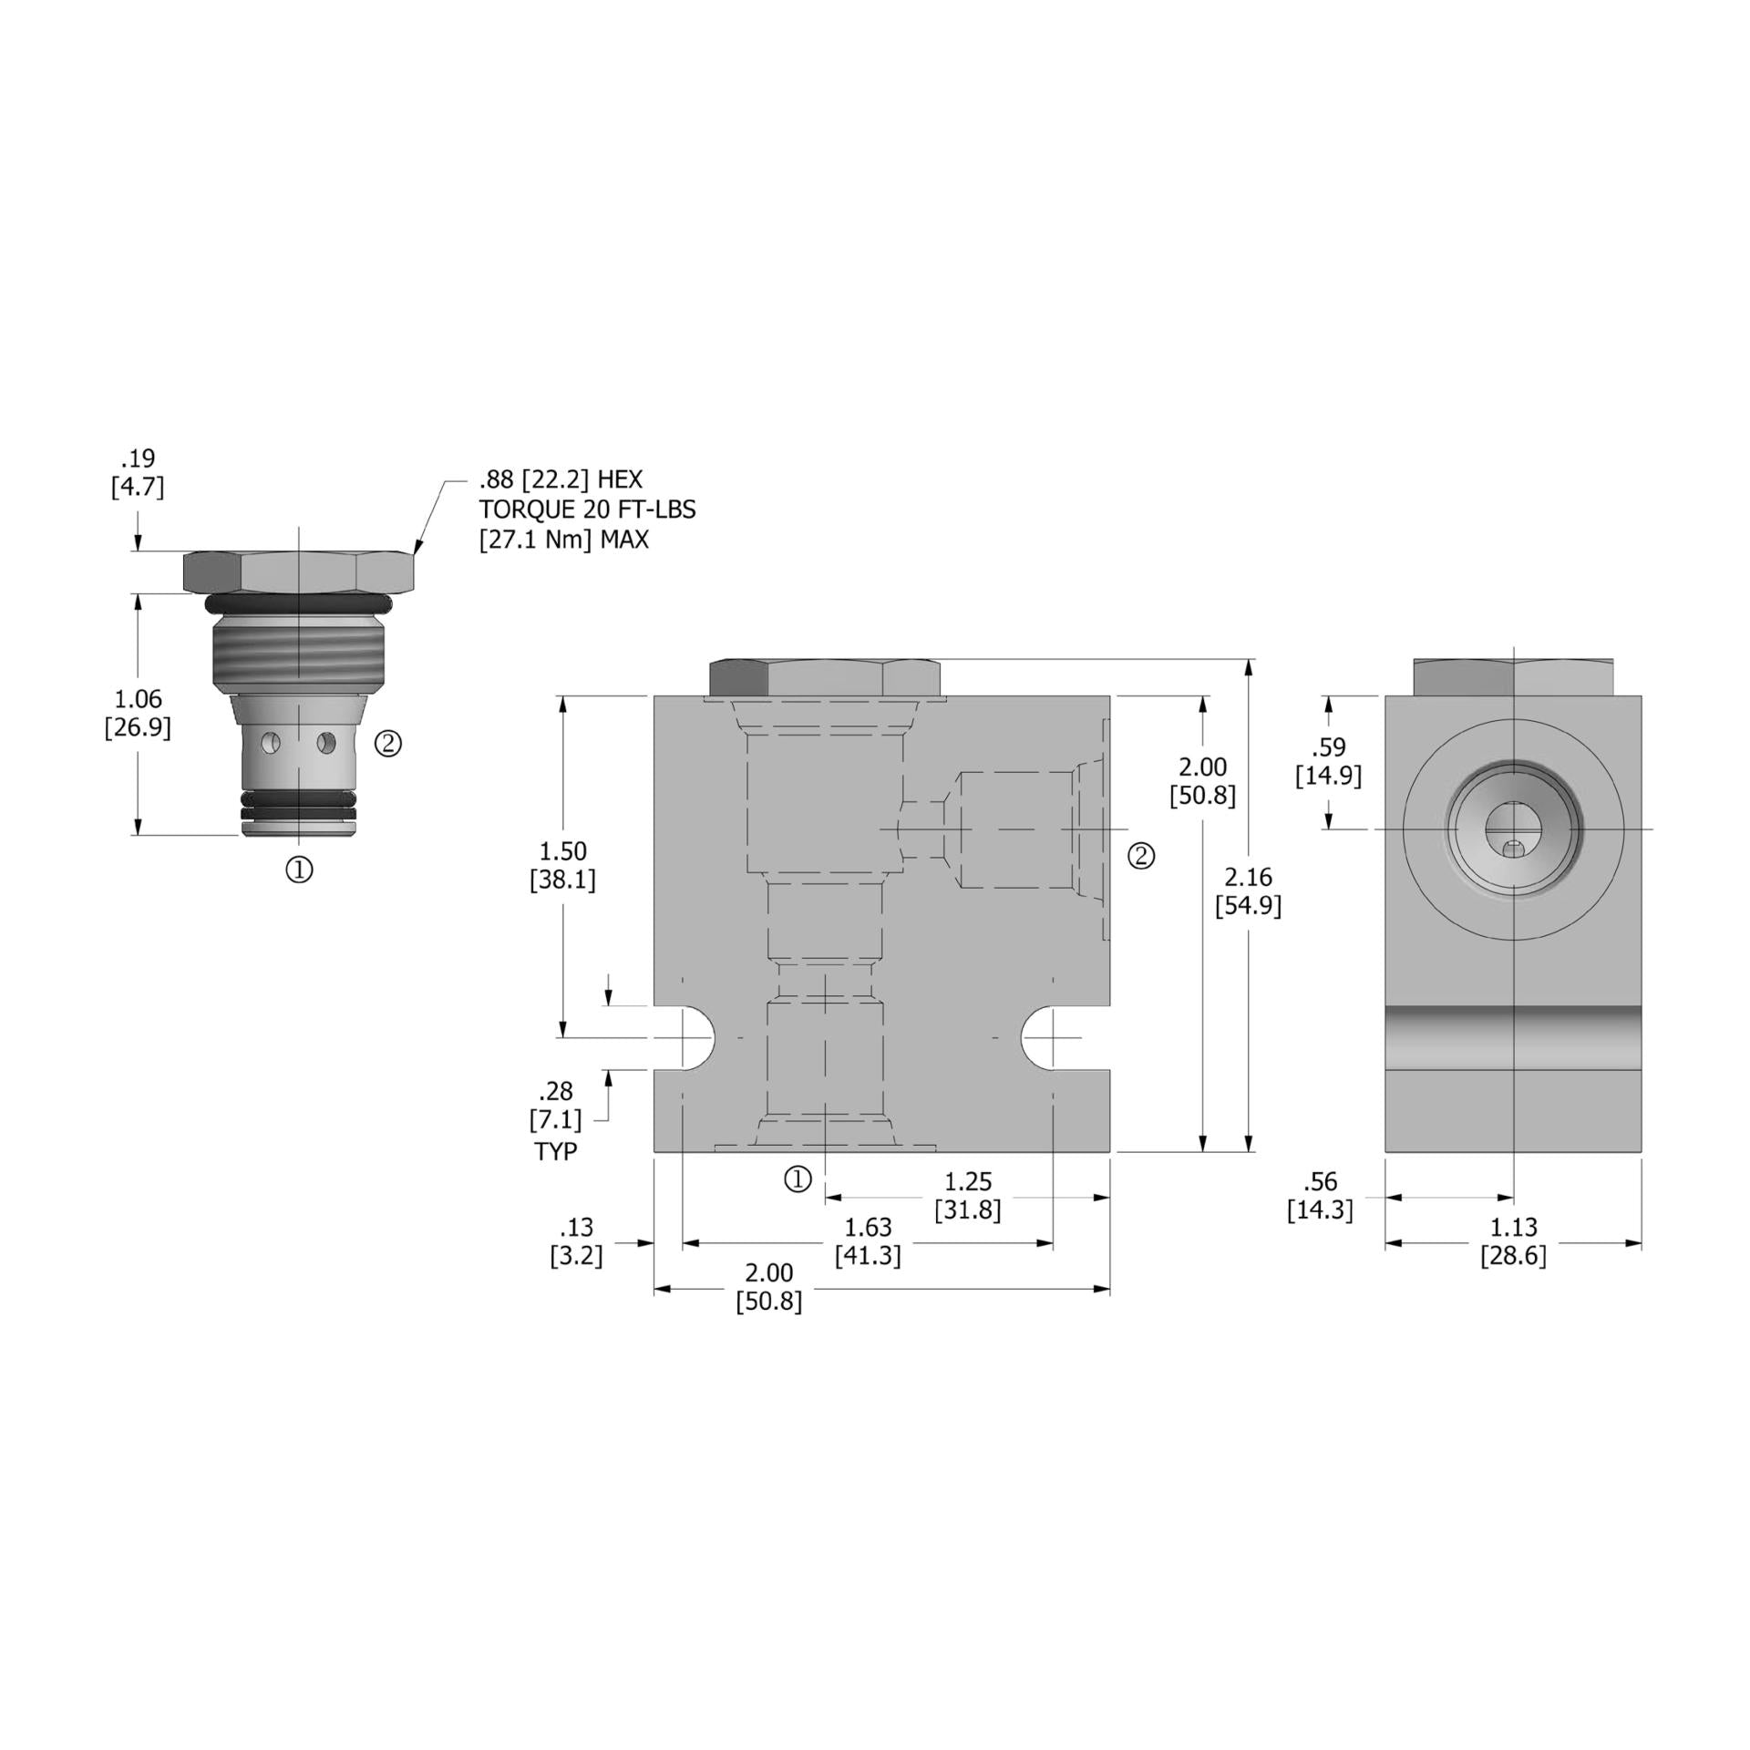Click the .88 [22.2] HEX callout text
561,479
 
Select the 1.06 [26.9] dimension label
138,713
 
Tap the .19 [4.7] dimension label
138,472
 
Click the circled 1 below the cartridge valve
300,870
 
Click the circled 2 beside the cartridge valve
388,744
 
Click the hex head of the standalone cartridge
299,571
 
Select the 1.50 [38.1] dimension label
562,865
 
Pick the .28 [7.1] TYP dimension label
555,1120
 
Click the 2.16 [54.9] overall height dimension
1248,890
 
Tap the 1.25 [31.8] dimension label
967,1196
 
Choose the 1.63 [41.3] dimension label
868,1240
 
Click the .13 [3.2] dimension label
577,1240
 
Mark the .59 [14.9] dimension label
1328,761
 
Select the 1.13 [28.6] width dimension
1513,1240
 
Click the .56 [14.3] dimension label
1320,1196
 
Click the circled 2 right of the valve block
1141,855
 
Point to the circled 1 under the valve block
798,1179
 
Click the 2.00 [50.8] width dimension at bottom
769,1286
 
